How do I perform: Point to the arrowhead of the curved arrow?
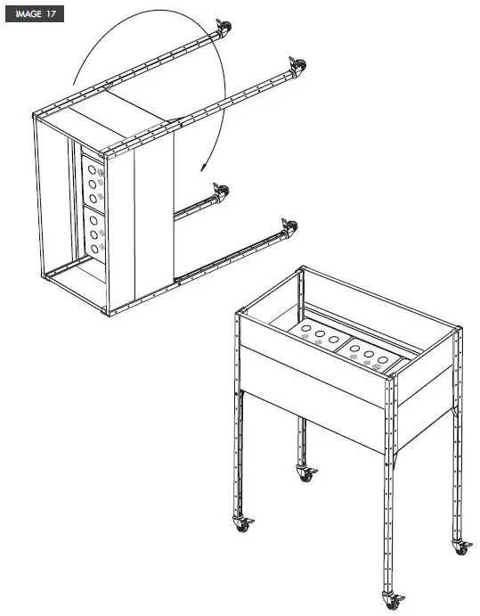(x=203, y=168)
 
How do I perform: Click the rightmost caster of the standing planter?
(x=460, y=546)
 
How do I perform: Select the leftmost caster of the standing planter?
(x=241, y=526)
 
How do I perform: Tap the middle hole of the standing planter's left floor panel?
(x=319, y=336)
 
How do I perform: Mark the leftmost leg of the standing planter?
(x=238, y=419)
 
